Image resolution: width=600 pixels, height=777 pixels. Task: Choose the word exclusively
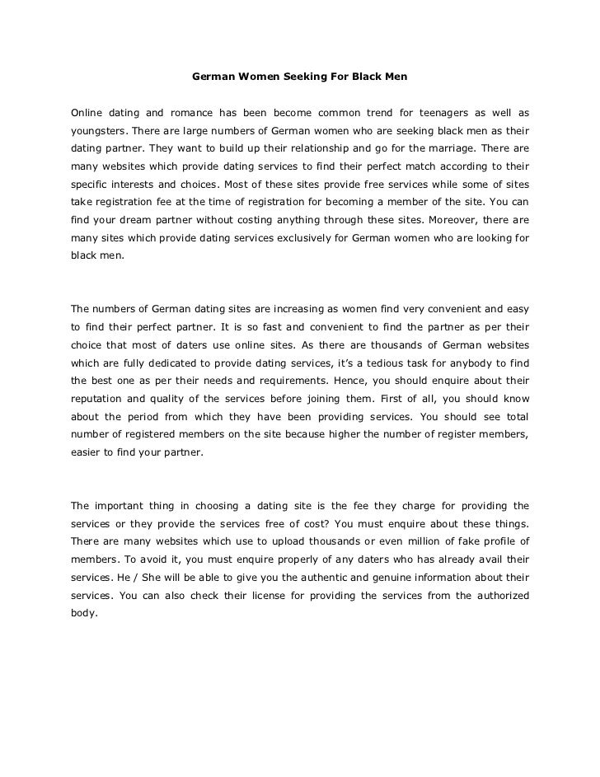coord(284,238)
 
